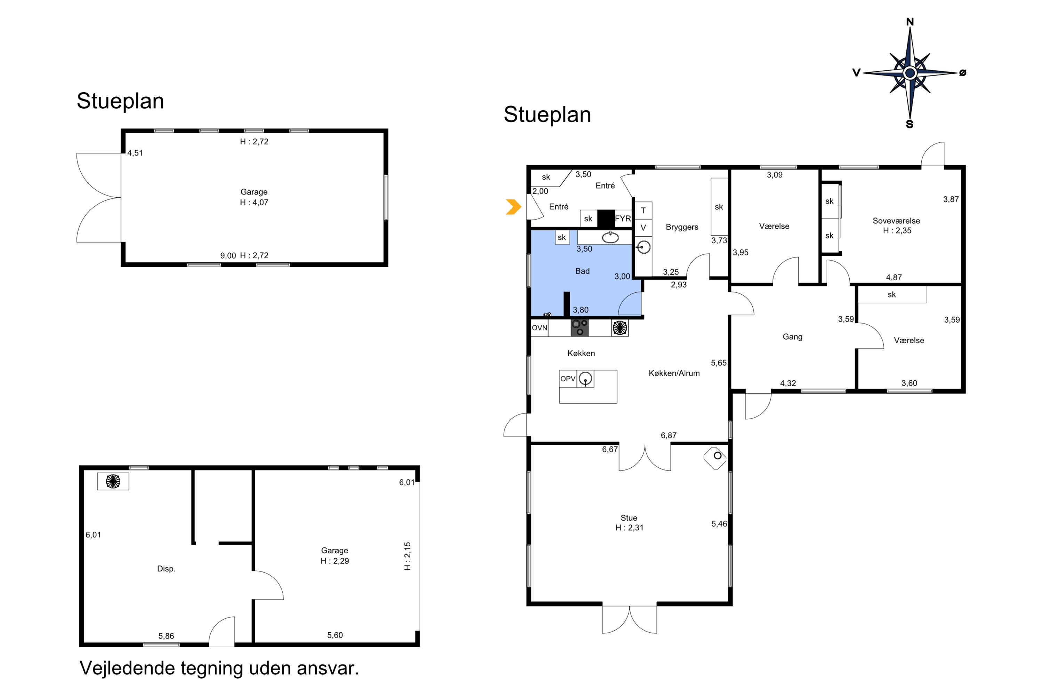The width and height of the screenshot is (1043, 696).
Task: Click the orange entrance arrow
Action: (514, 207)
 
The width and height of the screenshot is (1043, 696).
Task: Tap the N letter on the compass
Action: (909, 22)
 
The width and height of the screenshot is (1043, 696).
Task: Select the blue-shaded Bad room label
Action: (582, 271)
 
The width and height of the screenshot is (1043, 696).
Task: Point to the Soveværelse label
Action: (896, 221)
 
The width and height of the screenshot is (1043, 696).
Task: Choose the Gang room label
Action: (792, 337)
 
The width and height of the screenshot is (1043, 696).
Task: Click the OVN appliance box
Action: (539, 328)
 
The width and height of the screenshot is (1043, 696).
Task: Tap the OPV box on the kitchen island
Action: (568, 379)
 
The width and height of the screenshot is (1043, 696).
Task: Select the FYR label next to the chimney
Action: (623, 219)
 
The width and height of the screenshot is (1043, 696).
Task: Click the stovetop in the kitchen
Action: (580, 327)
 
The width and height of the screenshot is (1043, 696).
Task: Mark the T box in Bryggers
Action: (643, 211)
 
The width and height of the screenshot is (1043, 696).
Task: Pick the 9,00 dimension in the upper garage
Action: (228, 256)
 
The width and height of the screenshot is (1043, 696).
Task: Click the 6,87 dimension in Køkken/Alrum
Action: (669, 435)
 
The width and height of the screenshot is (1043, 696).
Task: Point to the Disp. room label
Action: (166, 569)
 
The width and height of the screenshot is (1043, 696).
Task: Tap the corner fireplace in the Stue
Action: (715, 458)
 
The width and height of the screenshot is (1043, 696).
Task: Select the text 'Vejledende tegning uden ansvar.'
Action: (219, 668)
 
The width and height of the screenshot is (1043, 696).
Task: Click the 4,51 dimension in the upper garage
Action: (135, 153)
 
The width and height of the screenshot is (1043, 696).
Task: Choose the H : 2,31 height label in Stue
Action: (629, 528)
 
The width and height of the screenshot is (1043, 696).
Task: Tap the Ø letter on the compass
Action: (963, 73)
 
